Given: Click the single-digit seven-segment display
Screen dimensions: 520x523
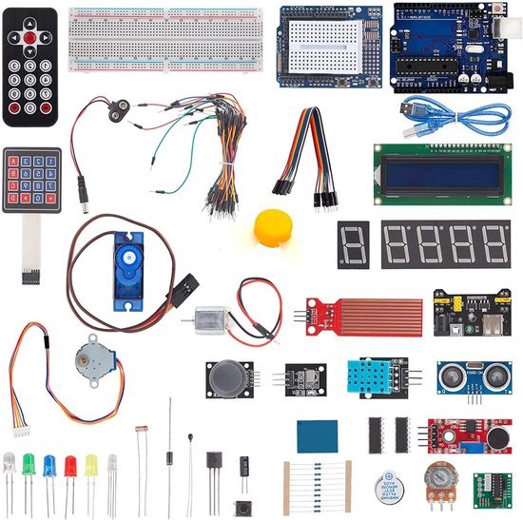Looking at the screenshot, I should (x=353, y=244).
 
